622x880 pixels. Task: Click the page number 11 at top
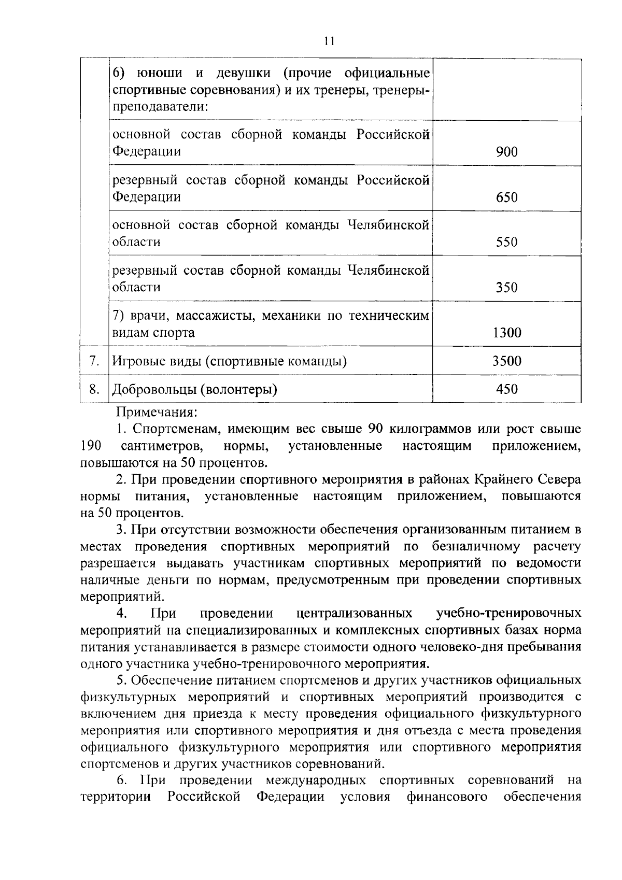coord(330,41)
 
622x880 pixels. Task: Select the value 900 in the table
coord(506,152)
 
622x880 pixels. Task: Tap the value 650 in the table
coord(506,197)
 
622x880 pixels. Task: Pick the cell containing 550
coord(506,242)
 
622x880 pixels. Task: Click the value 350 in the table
coord(506,287)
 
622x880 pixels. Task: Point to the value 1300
coord(506,333)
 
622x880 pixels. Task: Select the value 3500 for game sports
coord(506,361)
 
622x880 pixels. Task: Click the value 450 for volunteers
coord(506,389)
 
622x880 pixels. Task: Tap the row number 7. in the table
coord(94,361)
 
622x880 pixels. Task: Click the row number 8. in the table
coord(94,389)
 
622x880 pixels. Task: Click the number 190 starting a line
coord(91,446)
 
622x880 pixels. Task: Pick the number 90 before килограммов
coord(375,429)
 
